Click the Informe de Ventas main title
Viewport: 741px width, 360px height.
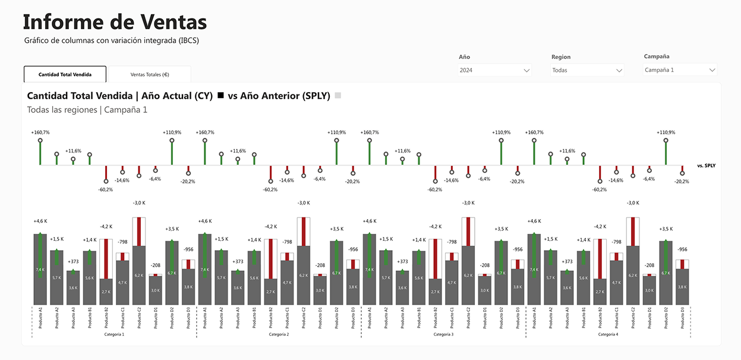coord(115,22)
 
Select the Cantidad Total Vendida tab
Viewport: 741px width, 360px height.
coord(65,74)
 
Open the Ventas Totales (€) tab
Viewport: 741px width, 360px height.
coord(150,74)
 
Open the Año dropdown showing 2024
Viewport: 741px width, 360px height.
coord(494,70)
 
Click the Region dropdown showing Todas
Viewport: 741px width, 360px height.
coord(587,70)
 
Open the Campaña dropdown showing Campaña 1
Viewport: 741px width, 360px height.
coord(680,70)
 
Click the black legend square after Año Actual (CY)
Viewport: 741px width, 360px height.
coord(221,96)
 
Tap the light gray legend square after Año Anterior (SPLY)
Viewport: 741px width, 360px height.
coord(338,96)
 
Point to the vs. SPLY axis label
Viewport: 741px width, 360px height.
coord(706,166)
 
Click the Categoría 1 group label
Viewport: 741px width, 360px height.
coord(114,335)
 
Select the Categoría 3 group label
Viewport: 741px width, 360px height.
coord(443,335)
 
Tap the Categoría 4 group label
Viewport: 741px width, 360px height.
coord(608,335)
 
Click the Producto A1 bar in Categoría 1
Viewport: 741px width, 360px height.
coord(40,269)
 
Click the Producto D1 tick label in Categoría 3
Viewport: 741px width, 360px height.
coord(485,318)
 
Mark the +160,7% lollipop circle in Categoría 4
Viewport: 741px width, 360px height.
coord(534,141)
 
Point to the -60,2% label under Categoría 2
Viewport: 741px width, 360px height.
coord(270,190)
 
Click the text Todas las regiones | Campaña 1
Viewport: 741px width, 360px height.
coord(87,110)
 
